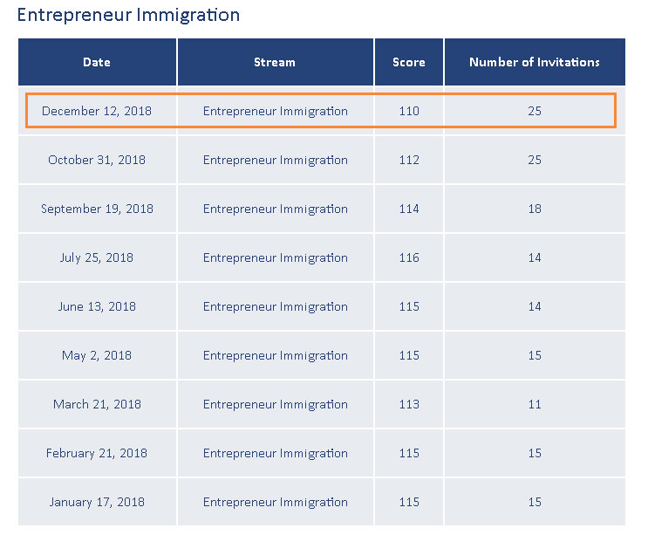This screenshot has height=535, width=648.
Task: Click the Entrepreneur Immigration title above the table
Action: [x=128, y=15]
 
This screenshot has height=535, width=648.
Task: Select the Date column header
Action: [x=97, y=62]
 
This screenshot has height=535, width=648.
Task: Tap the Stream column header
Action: [x=275, y=62]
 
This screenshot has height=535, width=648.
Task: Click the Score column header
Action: [x=409, y=62]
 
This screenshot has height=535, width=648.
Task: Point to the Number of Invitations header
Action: [x=535, y=62]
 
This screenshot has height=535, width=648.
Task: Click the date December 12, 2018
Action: [x=97, y=111]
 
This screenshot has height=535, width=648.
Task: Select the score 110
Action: [x=409, y=111]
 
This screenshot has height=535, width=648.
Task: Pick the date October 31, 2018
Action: [x=97, y=160]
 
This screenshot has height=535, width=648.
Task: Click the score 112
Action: [x=409, y=160]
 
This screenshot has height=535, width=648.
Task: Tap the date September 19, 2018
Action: [x=97, y=209]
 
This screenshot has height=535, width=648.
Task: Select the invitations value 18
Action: [x=535, y=209]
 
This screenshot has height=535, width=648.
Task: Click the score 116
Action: [x=409, y=257]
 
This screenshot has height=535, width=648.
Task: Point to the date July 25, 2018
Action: [x=97, y=257]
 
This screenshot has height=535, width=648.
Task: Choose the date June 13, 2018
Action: [x=97, y=306]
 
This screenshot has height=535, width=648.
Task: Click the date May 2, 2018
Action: [x=97, y=355]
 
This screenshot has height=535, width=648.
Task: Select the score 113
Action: [x=409, y=404]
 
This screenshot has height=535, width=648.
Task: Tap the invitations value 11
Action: [x=535, y=404]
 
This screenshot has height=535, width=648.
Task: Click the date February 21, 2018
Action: [x=97, y=453]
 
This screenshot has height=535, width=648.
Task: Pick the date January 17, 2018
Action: [x=97, y=502]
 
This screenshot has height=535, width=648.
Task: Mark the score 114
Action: [x=409, y=209]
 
